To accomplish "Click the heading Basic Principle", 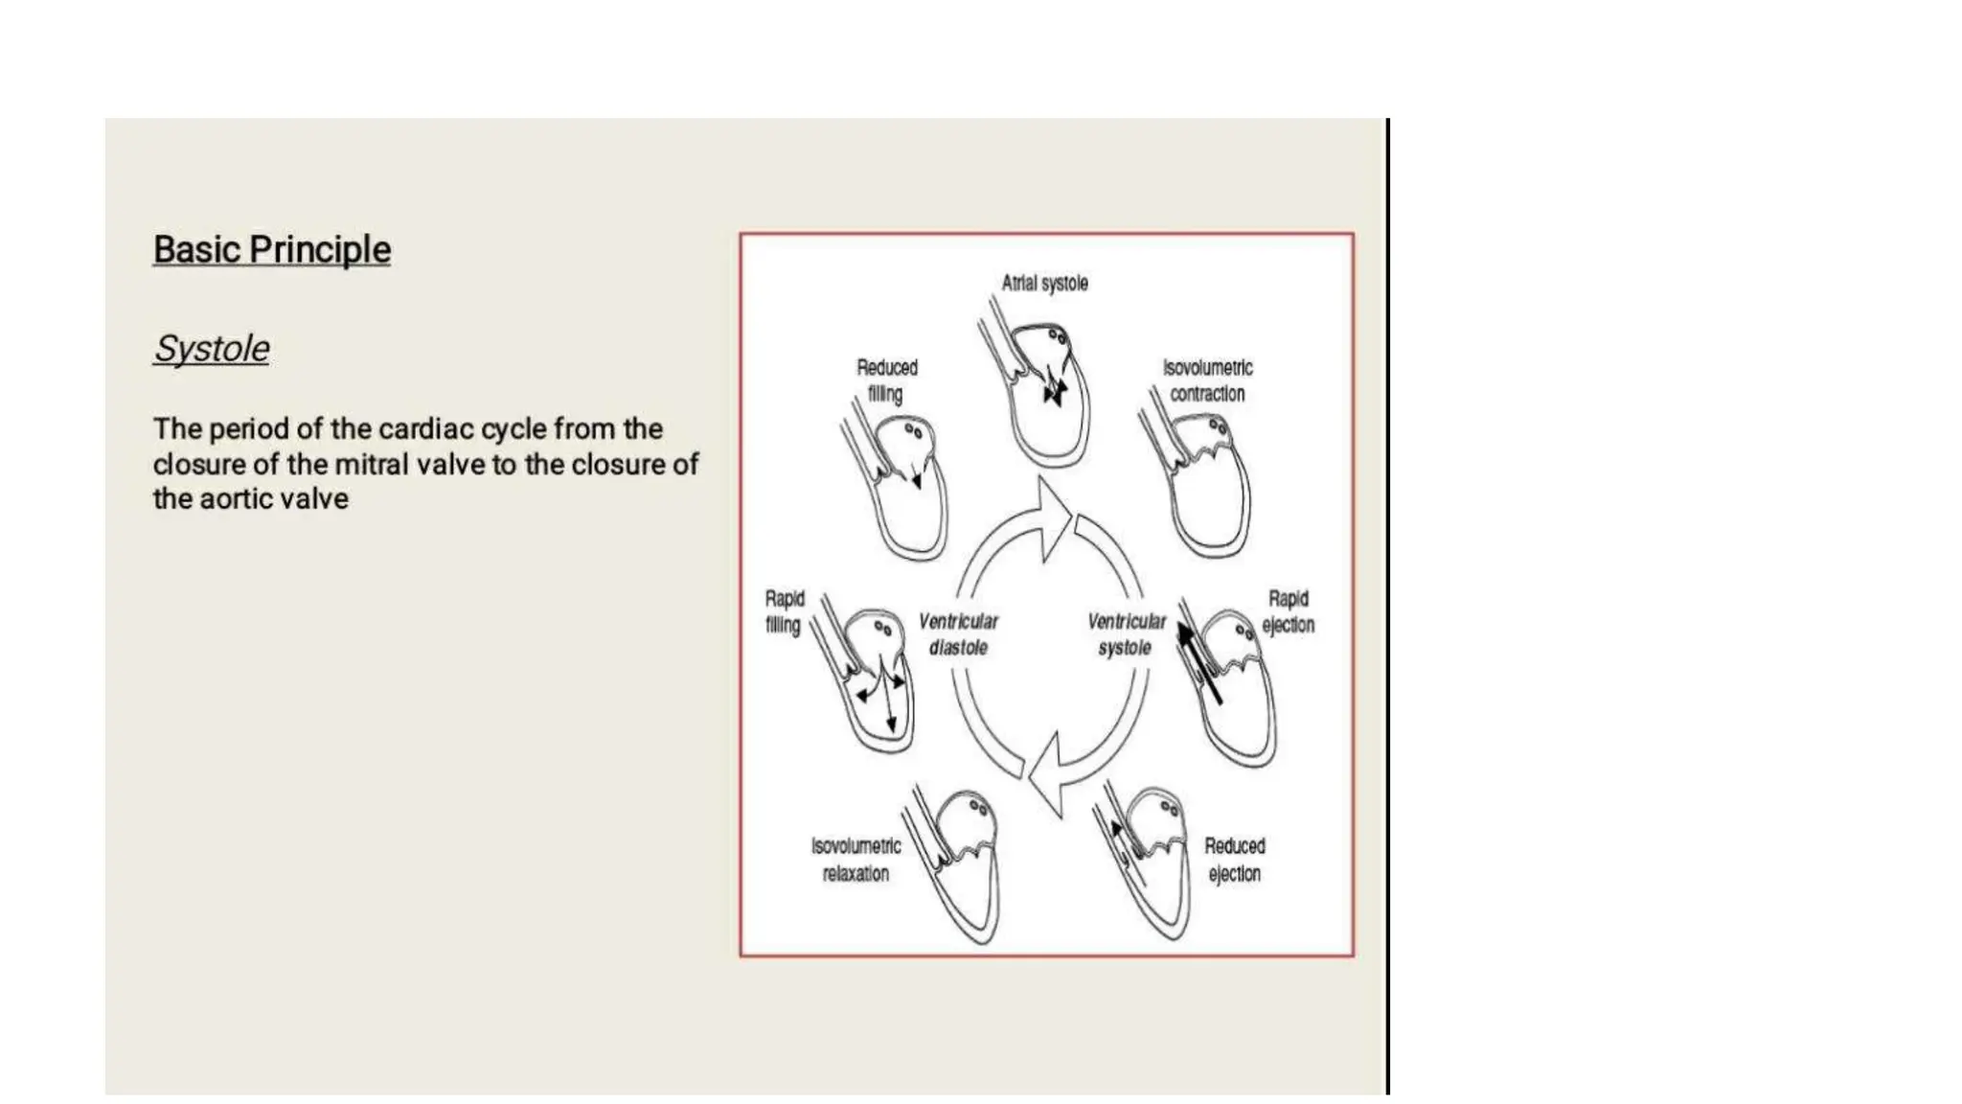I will (x=271, y=250).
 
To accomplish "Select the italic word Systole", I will (x=211, y=349).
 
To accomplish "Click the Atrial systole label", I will (x=1044, y=284).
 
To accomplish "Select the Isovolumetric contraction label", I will (x=1207, y=380).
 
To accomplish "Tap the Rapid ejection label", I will (x=1288, y=611).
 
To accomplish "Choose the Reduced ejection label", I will (x=1234, y=860).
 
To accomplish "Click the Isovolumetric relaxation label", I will (x=856, y=860).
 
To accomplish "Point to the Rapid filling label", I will (x=784, y=611).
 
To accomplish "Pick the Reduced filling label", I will (x=886, y=380).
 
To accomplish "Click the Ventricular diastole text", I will (x=958, y=634).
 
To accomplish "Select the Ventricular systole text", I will (x=1126, y=634).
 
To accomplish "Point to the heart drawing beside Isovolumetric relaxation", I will (x=958, y=862).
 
